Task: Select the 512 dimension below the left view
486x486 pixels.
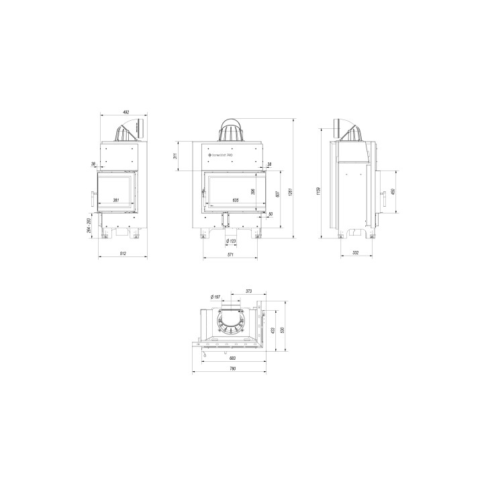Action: coord(123,254)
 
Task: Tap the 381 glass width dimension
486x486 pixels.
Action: coord(116,200)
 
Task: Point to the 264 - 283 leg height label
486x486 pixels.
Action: coord(89,225)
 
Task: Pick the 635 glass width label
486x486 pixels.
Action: coord(235,200)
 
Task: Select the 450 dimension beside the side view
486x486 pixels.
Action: coord(393,191)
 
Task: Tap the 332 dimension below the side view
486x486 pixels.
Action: coord(355,254)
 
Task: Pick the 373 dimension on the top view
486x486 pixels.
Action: coord(248,291)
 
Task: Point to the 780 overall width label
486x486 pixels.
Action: coord(232,369)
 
